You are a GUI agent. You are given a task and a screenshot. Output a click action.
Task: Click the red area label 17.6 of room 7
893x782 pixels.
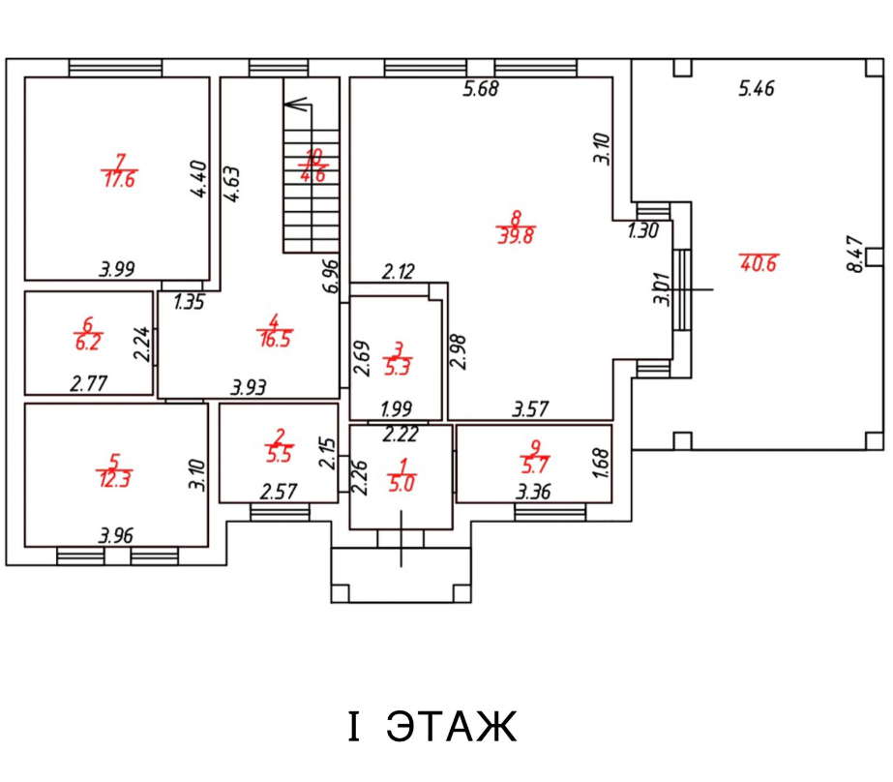[118, 179]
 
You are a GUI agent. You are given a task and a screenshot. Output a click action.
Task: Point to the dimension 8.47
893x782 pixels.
[854, 254]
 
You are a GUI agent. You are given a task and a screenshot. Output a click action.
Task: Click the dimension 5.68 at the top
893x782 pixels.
[481, 90]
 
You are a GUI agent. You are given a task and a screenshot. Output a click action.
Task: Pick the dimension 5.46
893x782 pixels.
[757, 90]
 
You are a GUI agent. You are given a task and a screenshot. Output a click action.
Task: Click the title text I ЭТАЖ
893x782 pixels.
[432, 727]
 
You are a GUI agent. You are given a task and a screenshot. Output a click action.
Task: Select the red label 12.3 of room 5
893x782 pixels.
[115, 477]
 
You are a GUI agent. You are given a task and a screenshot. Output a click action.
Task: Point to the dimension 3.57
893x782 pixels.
[530, 410]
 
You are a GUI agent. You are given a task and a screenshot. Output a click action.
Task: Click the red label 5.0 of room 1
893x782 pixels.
[401, 484]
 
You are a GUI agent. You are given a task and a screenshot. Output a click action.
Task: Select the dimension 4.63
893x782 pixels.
[232, 184]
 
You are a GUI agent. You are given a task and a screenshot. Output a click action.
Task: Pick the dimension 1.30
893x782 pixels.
[643, 231]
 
